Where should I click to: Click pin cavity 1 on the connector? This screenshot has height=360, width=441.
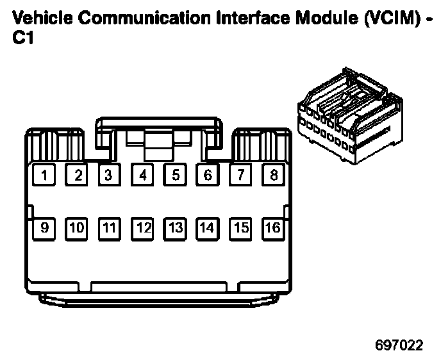44,175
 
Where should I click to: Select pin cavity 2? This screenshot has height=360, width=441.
77,175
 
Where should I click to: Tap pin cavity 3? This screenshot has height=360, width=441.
110,175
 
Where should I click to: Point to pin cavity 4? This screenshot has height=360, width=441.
142,175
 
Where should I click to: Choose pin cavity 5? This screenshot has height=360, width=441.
175,175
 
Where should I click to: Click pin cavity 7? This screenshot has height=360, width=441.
240,175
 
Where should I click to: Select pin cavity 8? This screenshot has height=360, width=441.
273,175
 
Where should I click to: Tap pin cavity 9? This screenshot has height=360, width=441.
44,227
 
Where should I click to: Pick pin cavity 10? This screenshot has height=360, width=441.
77,227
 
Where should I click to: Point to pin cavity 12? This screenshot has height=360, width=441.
142,227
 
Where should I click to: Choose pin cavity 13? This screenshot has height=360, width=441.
175,227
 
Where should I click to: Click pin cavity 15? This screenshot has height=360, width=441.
240,227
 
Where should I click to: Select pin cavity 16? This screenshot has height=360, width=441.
273,227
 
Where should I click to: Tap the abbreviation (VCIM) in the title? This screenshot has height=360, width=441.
390,18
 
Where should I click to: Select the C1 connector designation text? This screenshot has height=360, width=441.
24,38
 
